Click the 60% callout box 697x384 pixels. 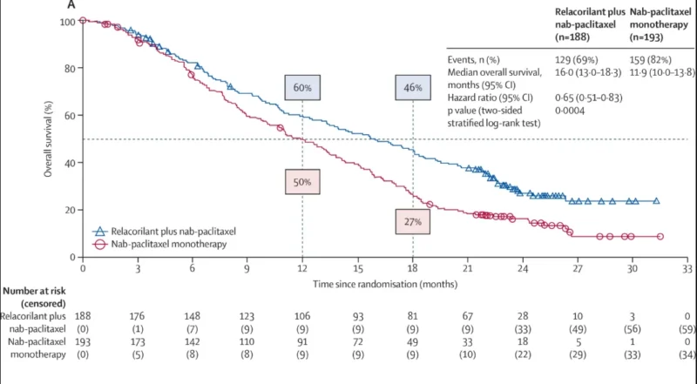click(x=302, y=89)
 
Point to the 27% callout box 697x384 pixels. click(x=413, y=221)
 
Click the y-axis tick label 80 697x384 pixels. click(x=66, y=68)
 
